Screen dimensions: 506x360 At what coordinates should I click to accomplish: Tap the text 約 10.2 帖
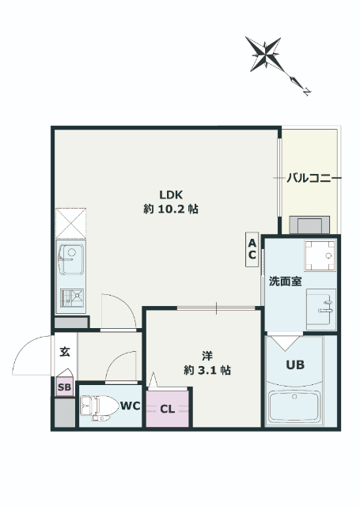(171, 210)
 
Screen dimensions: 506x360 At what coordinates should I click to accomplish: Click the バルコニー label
(314, 179)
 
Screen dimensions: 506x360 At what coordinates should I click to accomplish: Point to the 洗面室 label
(284, 281)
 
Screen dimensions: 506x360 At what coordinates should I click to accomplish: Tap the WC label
(130, 406)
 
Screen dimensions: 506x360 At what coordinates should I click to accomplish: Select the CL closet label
(168, 409)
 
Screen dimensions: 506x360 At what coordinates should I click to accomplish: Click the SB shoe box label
(64, 387)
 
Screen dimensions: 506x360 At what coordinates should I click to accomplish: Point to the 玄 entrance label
(64, 352)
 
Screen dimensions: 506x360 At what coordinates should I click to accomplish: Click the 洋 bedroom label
(207, 355)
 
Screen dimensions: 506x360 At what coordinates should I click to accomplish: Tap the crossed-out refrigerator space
(70, 222)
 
